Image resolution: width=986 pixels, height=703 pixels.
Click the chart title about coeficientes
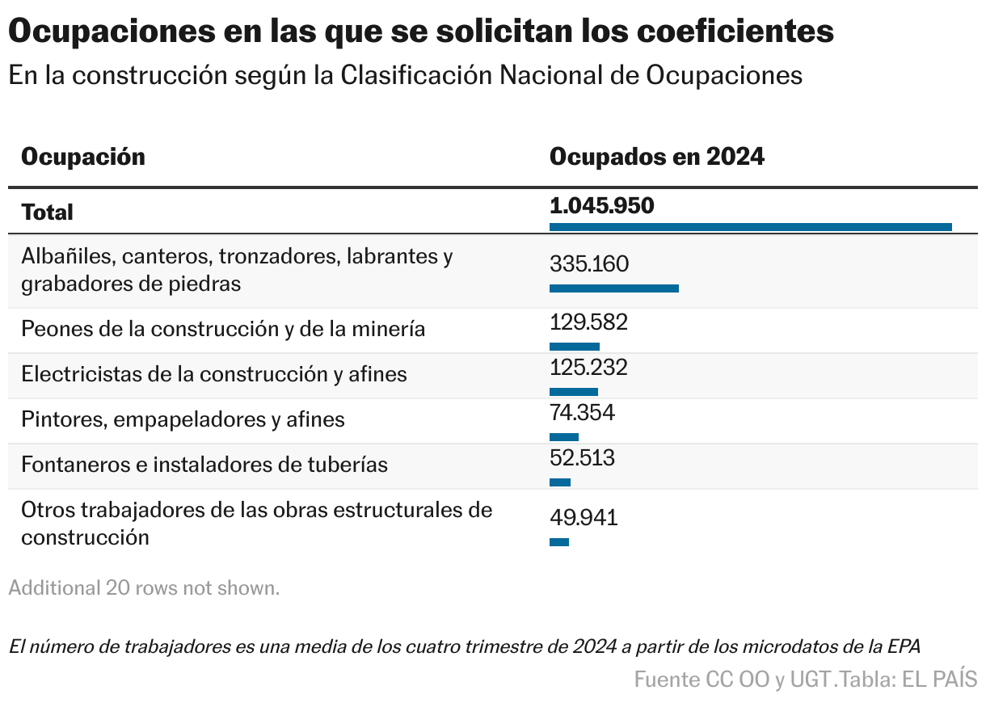point(420,32)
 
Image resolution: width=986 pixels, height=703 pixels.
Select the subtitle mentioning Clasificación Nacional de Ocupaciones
point(405,74)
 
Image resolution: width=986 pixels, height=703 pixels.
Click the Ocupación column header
point(83,157)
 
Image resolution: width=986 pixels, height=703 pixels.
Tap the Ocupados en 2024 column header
point(656,157)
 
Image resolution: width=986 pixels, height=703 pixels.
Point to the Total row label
point(47,212)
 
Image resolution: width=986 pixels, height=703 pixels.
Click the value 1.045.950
point(601,206)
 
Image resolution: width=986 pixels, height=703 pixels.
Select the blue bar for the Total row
point(750,227)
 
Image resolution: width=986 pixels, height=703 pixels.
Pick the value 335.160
point(589,264)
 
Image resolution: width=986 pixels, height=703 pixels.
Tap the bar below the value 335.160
point(613,288)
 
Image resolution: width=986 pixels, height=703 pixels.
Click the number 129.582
point(588,322)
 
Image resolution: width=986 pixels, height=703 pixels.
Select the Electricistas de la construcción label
point(214,375)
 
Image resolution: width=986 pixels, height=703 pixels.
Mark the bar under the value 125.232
point(573,392)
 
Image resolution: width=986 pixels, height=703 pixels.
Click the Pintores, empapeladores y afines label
point(183,420)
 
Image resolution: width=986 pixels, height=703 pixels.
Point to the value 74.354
point(582,413)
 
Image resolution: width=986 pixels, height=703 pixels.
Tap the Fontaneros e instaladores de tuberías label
point(204,465)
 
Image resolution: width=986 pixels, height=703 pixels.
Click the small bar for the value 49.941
point(559,542)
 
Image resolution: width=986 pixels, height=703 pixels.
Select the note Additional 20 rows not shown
point(144,588)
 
